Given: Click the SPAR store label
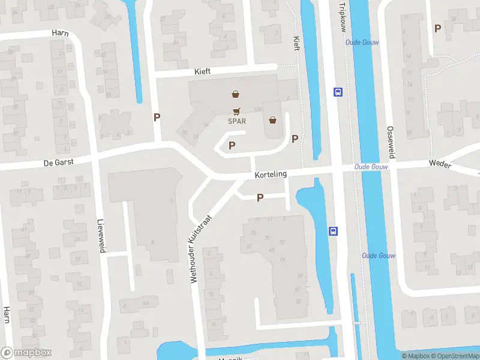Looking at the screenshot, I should (x=237, y=121).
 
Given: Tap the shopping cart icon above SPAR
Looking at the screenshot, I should (x=237, y=111).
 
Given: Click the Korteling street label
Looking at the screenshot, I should (x=271, y=174).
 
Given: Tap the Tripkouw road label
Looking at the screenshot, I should (x=343, y=16).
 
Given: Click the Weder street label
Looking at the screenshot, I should (x=439, y=163).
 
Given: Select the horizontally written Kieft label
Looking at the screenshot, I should (x=203, y=71).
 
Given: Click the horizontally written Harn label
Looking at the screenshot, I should (x=59, y=32).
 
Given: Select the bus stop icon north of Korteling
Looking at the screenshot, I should (x=338, y=92).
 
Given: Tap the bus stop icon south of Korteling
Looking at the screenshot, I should (x=333, y=231).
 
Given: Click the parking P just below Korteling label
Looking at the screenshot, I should (x=260, y=197).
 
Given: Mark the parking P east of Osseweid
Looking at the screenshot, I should (x=438, y=28).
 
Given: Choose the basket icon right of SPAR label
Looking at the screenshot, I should (x=274, y=120).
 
